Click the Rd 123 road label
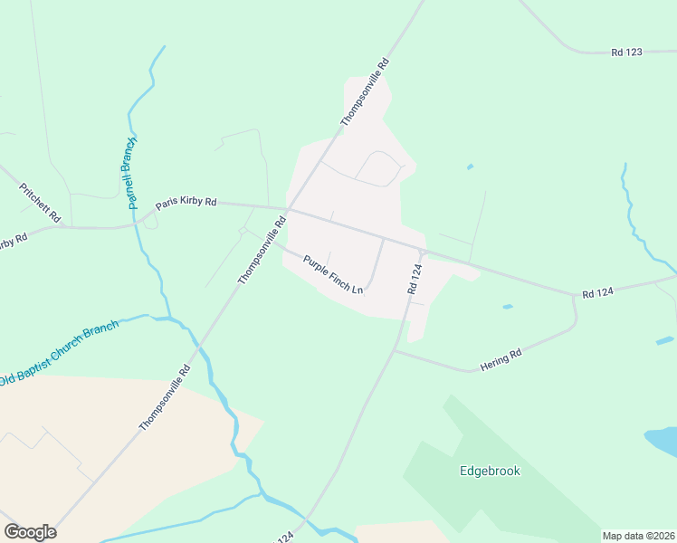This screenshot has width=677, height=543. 626,52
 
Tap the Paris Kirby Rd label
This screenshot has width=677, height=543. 186,204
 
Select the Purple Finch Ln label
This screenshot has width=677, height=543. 333,274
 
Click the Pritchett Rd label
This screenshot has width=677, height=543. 40,203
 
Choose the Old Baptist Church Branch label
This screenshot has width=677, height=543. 60,352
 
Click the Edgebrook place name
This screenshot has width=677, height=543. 489,472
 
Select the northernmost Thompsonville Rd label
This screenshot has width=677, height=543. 365,91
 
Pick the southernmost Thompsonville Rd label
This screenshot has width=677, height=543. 165,396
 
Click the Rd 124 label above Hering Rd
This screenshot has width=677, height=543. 598,292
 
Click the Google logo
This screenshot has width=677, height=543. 30,532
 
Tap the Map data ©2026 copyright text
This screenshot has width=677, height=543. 637,536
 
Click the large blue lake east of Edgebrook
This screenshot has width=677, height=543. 662,441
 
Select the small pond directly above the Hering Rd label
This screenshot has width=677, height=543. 507,307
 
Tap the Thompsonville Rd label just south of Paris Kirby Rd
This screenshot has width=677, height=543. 262,250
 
